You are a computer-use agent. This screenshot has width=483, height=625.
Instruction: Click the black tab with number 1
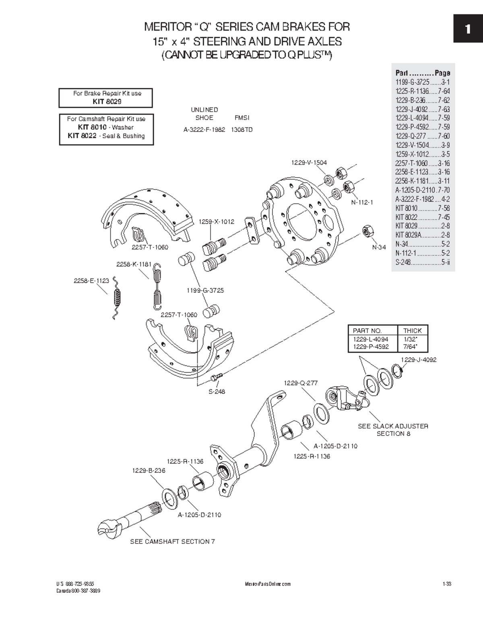(x=468, y=29)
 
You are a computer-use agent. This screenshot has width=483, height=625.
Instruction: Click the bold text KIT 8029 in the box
(x=107, y=101)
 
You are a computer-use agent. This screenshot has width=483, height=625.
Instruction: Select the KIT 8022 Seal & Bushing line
(x=106, y=136)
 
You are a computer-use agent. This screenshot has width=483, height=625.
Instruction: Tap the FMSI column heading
(x=242, y=118)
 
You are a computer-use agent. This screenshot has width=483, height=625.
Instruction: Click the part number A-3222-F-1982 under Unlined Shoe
(x=204, y=130)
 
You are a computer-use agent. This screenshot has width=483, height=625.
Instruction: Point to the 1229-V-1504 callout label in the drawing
(x=309, y=163)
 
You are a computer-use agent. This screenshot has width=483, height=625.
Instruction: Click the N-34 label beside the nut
(x=379, y=247)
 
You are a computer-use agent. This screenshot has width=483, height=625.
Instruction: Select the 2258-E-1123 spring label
(x=91, y=281)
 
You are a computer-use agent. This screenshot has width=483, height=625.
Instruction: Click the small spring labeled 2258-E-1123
(x=116, y=298)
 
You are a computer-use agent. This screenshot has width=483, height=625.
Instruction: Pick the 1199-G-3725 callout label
(x=205, y=290)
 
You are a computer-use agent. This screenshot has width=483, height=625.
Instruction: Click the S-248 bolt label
(x=217, y=391)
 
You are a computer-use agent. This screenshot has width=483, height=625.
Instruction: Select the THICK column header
(x=413, y=330)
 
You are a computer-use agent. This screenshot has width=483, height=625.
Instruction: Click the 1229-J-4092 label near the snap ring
(x=419, y=360)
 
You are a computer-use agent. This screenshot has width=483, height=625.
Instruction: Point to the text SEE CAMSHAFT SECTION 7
(x=172, y=541)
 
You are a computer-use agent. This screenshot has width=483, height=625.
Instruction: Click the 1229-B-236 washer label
(x=149, y=470)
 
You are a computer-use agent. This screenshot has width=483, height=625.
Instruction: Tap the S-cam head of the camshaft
(x=108, y=527)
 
